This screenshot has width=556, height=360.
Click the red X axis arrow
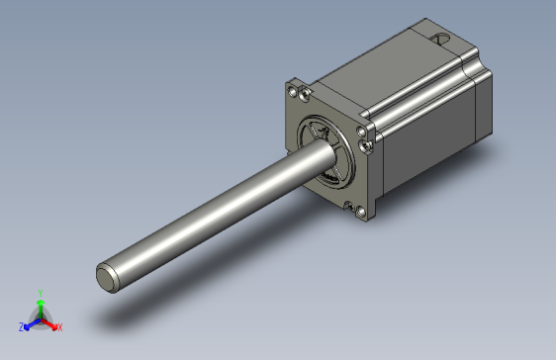tap(51, 322)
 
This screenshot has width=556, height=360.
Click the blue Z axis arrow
tap(30, 323)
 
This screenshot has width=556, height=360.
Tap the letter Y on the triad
tap(40, 293)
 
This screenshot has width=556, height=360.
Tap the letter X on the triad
tap(59, 326)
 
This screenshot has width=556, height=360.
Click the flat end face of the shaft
tap(108, 277)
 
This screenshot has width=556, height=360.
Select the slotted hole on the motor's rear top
tap(440, 41)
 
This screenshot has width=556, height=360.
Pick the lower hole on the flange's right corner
tap(367, 147)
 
